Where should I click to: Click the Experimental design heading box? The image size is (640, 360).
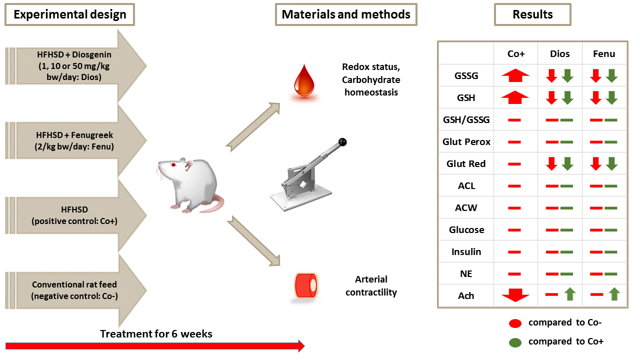69,14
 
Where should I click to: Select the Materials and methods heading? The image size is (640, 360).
346,14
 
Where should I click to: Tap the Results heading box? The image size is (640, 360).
532,14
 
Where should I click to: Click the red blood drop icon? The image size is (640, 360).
304,81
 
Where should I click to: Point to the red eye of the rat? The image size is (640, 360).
173,165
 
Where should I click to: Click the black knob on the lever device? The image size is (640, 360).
342,142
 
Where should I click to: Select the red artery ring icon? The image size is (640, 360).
305,285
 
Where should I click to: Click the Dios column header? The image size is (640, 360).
559,53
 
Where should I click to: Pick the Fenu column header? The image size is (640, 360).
604,53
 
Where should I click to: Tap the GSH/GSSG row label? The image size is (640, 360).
466,119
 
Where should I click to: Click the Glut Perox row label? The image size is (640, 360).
466,141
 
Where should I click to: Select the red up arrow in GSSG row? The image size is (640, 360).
515,75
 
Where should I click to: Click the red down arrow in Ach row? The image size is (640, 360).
515,295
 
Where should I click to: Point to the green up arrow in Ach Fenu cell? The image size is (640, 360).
614,294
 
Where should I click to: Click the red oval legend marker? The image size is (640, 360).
515,323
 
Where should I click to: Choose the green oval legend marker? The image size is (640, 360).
515,342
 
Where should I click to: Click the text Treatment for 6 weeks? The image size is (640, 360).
156,333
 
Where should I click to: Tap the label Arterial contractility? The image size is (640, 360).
371,285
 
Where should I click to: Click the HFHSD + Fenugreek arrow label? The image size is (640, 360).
74,140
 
